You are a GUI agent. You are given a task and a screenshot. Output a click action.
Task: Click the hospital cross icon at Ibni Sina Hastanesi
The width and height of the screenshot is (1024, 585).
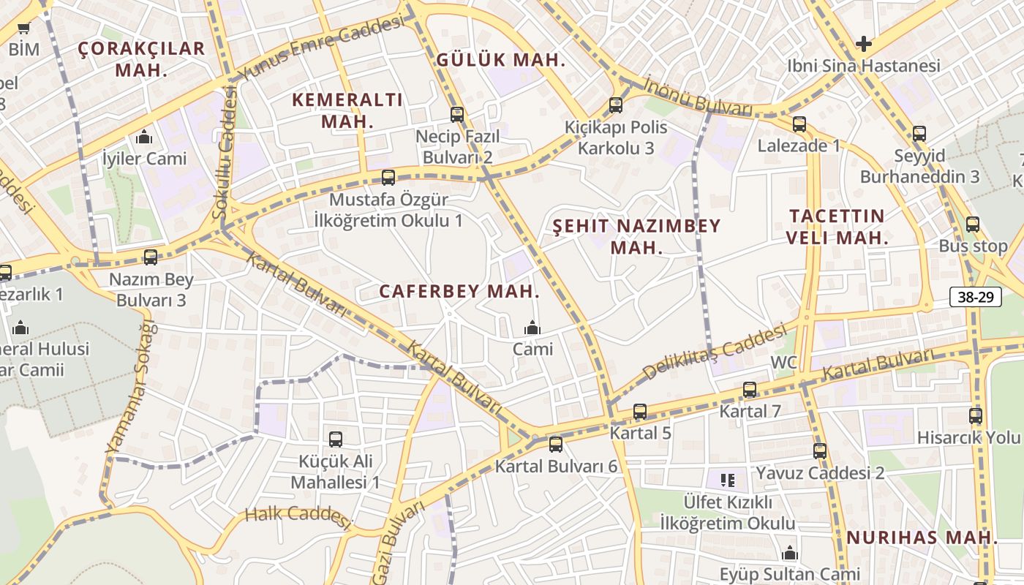864,44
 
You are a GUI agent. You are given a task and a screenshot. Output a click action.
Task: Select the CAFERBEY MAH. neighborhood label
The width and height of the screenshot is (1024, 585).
459,291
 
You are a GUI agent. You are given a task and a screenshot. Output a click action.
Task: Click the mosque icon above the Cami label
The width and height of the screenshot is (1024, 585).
532,328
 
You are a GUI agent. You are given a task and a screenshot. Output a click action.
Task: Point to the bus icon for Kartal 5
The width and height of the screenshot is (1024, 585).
640,412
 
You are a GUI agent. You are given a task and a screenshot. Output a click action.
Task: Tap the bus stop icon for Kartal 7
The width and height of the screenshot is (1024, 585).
750,390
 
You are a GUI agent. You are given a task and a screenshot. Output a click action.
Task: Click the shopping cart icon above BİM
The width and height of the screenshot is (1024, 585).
24,29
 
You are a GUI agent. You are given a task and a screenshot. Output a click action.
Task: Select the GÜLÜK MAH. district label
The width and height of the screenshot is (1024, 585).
501,60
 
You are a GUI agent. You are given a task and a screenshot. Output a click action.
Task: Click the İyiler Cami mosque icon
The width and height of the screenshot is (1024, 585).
144,137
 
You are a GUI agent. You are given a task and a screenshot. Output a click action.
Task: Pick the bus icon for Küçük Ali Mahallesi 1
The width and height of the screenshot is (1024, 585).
336,439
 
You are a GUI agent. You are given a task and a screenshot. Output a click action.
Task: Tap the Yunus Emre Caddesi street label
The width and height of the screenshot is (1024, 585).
322,49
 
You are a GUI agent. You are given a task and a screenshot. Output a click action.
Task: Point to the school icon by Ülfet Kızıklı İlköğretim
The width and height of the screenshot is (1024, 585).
727,480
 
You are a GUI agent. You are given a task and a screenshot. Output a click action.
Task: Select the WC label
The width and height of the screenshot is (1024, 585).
783,363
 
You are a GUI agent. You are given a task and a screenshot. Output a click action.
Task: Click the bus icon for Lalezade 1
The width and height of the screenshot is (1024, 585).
799,124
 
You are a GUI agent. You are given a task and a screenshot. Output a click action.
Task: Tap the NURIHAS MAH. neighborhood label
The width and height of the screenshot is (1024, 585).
922,537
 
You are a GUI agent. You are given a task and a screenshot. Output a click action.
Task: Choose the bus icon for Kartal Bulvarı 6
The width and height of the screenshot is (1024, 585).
556,445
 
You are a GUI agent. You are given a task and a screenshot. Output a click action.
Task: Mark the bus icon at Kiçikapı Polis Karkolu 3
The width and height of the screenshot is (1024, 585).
616,105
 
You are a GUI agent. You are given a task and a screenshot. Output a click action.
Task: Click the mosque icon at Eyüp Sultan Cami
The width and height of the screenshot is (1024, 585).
789,553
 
